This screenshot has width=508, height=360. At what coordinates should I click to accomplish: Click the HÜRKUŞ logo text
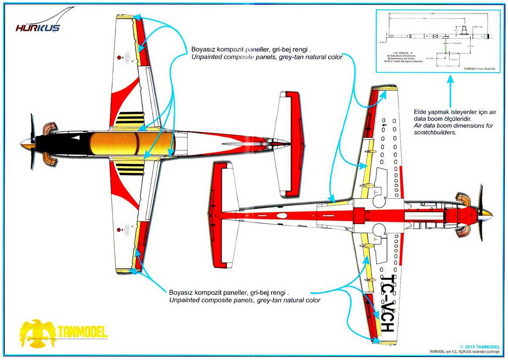(38, 28)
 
